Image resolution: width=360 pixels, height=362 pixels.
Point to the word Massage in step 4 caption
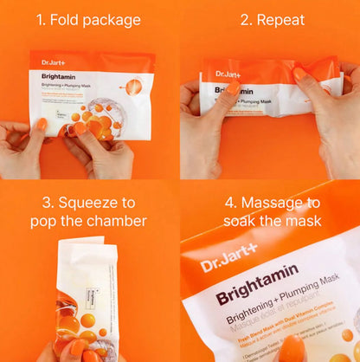[x=280, y=203]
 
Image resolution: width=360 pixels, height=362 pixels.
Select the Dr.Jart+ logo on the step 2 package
[x=229, y=74]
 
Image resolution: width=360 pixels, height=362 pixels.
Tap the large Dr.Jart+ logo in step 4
[x=228, y=262]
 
